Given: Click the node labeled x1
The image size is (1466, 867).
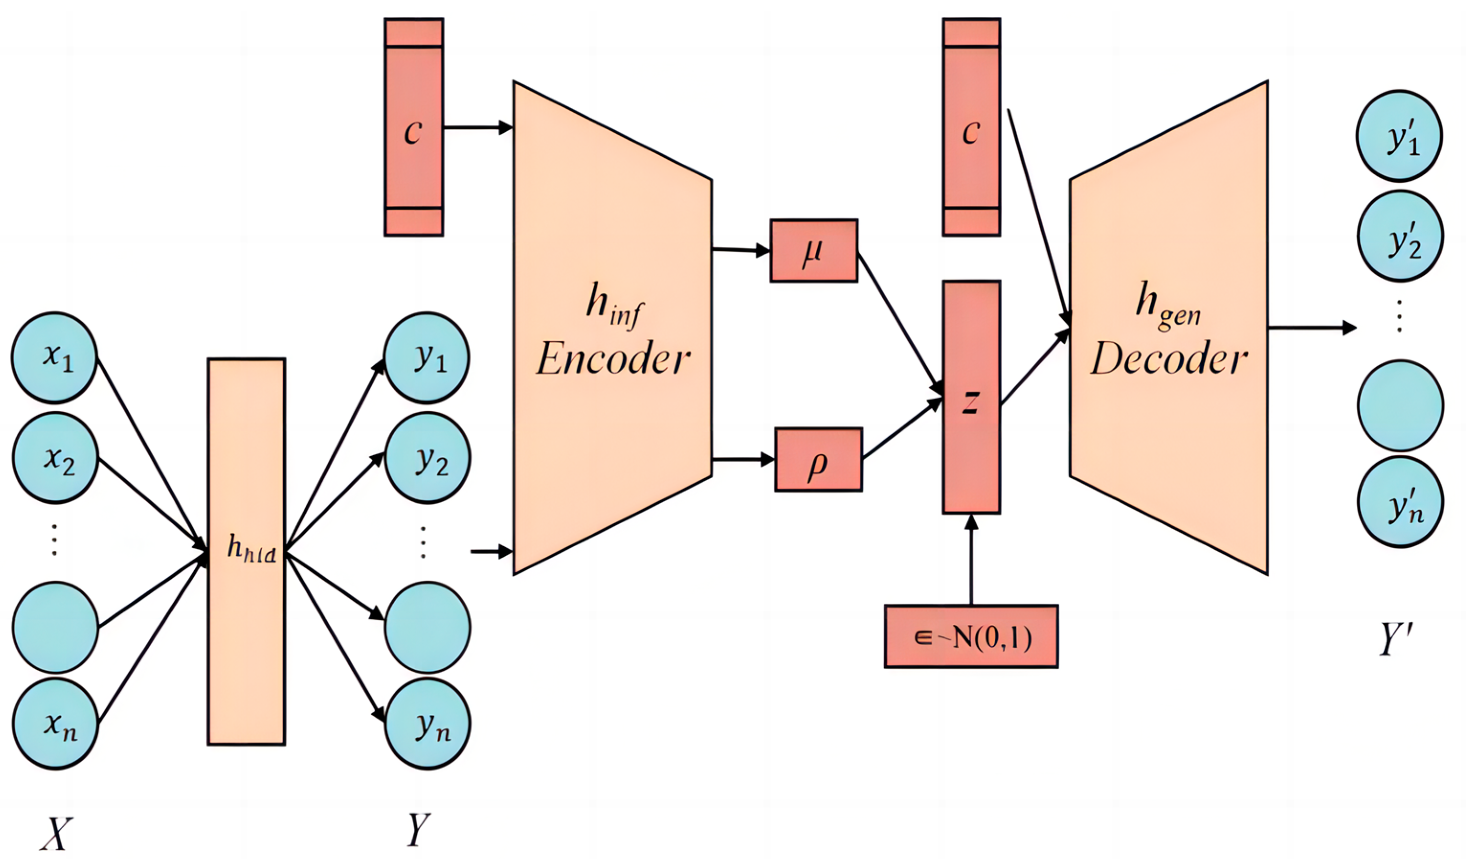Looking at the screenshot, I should coord(54,358).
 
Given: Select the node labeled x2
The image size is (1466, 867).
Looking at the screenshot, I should coord(55,458).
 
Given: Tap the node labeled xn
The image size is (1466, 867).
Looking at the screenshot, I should coord(55,723).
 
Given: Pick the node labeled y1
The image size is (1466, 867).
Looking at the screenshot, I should coord(427,358).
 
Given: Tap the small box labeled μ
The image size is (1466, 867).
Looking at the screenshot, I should coord(814,251).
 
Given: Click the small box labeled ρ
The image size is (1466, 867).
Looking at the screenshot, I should coord(819,459).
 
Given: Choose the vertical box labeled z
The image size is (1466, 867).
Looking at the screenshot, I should coord(971,397).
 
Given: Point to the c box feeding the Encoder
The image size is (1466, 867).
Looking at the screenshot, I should coord(413,127).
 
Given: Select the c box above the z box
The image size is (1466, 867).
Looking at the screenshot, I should coord(971,127).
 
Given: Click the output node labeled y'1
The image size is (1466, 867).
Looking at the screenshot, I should coord(1399,136).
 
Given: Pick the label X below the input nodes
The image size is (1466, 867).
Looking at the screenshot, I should coord(56,833).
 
